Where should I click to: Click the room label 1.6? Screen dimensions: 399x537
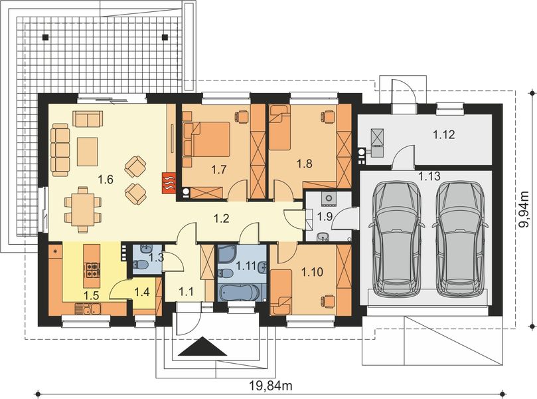point(105,178)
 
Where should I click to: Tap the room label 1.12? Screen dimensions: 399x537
point(444,135)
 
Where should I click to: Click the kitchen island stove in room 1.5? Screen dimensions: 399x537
point(90,270)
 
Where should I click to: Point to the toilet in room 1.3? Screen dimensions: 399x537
point(140,266)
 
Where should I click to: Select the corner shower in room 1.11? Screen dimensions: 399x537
point(228,254)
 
